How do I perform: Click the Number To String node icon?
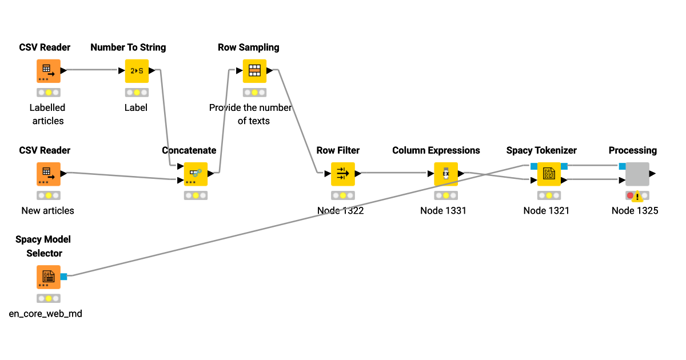coord(137,71)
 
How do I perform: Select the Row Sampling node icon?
coord(254,71)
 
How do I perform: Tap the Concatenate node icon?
coord(196,174)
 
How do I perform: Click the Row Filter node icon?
coord(342,174)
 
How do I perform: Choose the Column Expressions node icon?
coord(446,174)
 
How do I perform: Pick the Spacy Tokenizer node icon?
coord(549,174)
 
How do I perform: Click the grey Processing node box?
coord(637,174)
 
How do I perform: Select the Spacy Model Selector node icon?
coord(49,277)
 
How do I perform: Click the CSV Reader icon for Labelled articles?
coord(49,71)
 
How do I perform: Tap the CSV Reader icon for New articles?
coord(49,174)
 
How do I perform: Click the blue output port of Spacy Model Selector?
coord(63,277)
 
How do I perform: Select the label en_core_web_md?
coord(46,314)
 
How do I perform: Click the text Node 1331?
coord(443,211)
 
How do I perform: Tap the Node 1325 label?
coord(635,211)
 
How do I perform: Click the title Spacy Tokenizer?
coord(541,150)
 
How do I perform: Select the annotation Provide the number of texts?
coord(250,114)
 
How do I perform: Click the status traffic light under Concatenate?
coord(196,195)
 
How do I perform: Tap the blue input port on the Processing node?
coord(622,166)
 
